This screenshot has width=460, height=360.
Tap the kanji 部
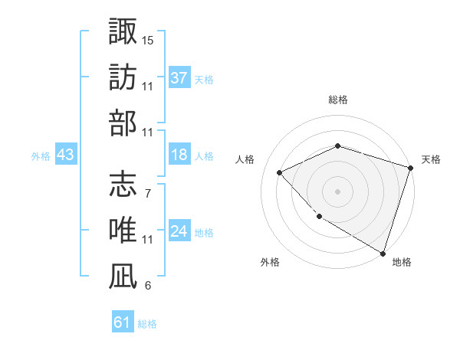pyautogui.click(x=123, y=124)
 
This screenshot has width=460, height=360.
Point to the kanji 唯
pyautogui.click(x=123, y=231)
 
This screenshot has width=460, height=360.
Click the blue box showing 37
pyautogui.click(x=179, y=77)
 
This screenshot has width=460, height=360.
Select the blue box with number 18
pyautogui.click(x=179, y=155)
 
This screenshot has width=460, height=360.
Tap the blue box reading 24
pyautogui.click(x=179, y=231)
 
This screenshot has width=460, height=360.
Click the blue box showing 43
pyautogui.click(x=66, y=155)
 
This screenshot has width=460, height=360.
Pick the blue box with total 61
pyautogui.click(x=123, y=322)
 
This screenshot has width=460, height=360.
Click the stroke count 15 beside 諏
pyautogui.click(x=148, y=38)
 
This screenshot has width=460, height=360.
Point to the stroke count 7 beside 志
pyautogui.click(x=147, y=192)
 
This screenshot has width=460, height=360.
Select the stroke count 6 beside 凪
pyautogui.click(x=147, y=286)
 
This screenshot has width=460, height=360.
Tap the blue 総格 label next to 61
pyautogui.click(x=147, y=324)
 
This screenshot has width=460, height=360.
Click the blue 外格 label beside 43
pyautogui.click(x=41, y=155)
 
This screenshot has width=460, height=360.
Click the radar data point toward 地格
pyautogui.click(x=382, y=252)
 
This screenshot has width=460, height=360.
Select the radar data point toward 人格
pyautogui.click(x=280, y=172)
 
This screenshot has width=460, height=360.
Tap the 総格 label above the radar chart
pyautogui.click(x=337, y=100)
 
